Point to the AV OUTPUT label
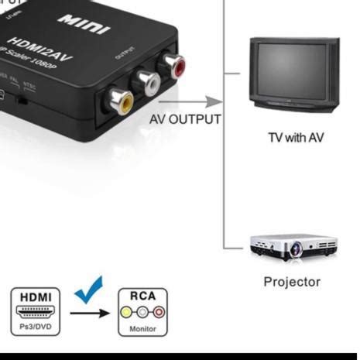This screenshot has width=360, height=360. coord(185,120)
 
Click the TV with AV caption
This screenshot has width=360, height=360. coord(296,138)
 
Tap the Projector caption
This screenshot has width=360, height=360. coord(292,282)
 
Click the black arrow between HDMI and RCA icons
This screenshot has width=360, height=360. coord(89,314)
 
